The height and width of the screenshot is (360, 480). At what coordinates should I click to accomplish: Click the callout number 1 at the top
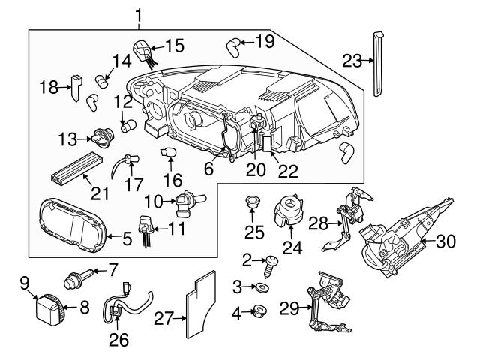138,14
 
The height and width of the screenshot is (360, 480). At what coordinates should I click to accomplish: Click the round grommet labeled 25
253,203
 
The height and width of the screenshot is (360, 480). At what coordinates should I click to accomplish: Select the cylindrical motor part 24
288,210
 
